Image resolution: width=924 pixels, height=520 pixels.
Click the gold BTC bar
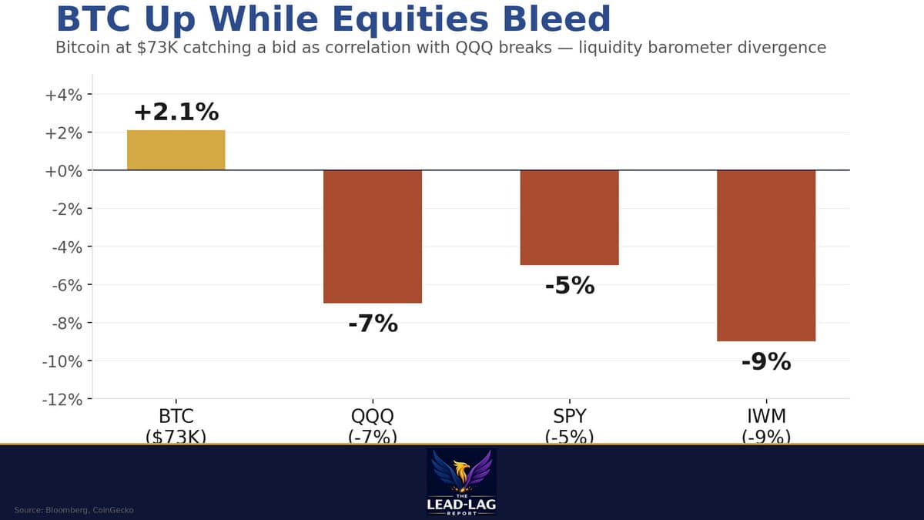click(x=176, y=150)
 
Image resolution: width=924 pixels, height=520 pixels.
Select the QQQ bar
click(x=373, y=236)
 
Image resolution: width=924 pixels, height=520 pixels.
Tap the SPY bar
click(x=569, y=217)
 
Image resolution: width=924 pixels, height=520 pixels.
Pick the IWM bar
click(x=766, y=255)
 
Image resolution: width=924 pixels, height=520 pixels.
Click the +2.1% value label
click(x=176, y=112)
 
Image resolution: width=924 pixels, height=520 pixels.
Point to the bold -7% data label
click(x=373, y=324)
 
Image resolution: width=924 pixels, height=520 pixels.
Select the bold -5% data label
click(x=569, y=286)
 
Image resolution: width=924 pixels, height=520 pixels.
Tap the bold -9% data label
click(x=766, y=361)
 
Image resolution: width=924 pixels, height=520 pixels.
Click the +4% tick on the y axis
click(x=64, y=95)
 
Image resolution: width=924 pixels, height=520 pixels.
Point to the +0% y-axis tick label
click(x=64, y=170)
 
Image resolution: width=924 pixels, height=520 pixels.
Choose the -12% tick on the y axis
click(x=62, y=399)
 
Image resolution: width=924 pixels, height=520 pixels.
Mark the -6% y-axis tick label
click(x=66, y=285)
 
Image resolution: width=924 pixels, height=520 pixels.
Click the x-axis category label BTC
click(x=176, y=417)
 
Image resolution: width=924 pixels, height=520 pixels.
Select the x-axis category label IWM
click(x=766, y=417)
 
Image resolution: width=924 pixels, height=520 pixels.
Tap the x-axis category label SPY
click(x=569, y=417)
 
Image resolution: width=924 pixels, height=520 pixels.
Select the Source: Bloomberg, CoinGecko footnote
click(x=74, y=510)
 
